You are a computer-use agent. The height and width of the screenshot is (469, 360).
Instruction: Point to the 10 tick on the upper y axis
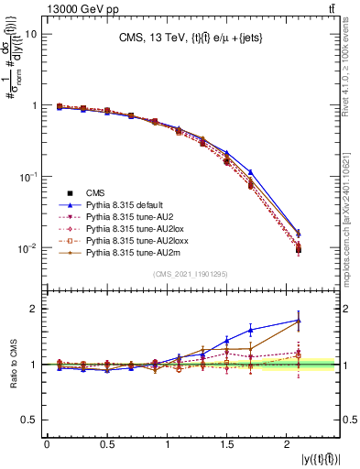click(x=30, y=34)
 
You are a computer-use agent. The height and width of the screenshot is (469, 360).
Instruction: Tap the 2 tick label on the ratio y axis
click(x=34, y=309)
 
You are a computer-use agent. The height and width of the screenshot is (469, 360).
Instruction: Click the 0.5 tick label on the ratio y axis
click(x=30, y=420)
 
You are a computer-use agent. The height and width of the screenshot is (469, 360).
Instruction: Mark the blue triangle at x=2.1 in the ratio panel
click(x=299, y=321)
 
